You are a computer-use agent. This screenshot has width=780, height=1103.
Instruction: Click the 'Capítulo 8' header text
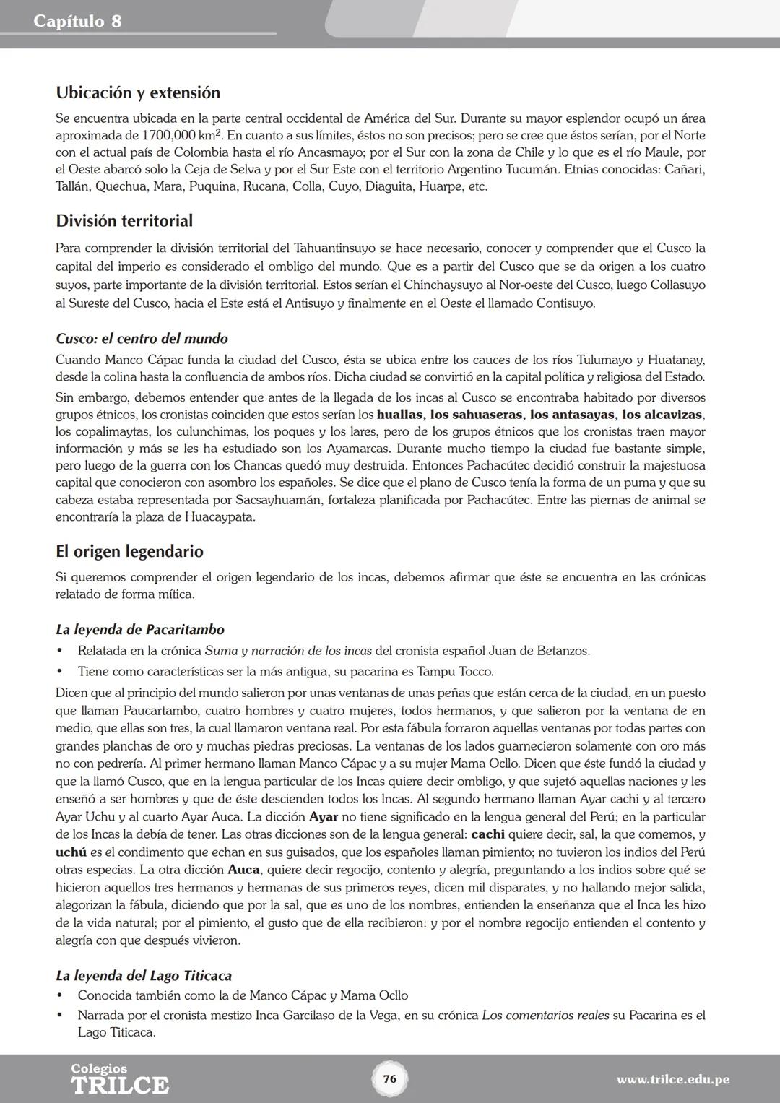(77, 21)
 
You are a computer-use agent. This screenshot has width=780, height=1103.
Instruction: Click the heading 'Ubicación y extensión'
(137, 92)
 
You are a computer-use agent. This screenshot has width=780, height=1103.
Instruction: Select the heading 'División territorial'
(123, 220)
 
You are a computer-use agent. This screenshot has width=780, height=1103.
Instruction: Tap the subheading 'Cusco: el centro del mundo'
(142, 339)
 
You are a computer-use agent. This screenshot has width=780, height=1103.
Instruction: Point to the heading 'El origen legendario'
(129, 551)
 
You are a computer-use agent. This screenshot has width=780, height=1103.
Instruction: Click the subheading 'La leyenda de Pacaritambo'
(139, 629)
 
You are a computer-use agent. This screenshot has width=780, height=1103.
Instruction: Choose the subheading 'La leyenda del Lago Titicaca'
(143, 976)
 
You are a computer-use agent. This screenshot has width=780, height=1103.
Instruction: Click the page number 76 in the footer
(390, 1079)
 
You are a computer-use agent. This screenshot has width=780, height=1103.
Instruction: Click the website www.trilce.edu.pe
(672, 1080)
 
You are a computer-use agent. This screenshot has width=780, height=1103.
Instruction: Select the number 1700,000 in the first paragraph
(170, 136)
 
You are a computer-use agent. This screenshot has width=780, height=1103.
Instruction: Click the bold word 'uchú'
(71, 852)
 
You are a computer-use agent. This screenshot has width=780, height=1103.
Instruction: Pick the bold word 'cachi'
(487, 834)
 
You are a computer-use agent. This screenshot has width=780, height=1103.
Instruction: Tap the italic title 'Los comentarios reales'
(545, 1015)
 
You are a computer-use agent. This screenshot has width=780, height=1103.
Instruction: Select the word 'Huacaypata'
(219, 517)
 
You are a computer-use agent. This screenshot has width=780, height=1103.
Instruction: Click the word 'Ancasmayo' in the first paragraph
(318, 152)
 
